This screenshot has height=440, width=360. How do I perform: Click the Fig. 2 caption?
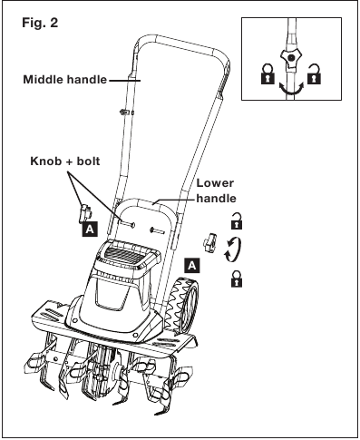pyautogui.click(x=40, y=23)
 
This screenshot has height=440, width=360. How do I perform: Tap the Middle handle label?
pyautogui.click(x=65, y=80)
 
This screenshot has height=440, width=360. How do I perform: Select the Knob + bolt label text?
pyautogui.click(x=65, y=161)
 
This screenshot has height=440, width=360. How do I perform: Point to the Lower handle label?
pyautogui.click(x=216, y=191)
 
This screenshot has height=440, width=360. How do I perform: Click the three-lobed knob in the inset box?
pyautogui.click(x=290, y=57)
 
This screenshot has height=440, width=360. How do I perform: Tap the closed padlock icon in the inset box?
pyautogui.click(x=268, y=73)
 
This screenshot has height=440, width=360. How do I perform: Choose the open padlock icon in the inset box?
pyautogui.click(x=314, y=73)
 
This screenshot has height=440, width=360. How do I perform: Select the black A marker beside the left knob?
pyautogui.click(x=90, y=230)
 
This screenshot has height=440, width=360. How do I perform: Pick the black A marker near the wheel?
pyautogui.click(x=192, y=266)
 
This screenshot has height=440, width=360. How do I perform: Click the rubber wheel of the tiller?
pyautogui.click(x=183, y=306)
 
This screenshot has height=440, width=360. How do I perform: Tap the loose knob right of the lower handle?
pyautogui.click(x=210, y=241)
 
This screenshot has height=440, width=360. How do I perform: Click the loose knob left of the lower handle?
pyautogui.click(x=84, y=213)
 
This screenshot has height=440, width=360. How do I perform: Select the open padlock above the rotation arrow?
pyautogui.click(x=237, y=220)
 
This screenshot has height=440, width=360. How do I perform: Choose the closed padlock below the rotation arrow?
pyautogui.click(x=237, y=279)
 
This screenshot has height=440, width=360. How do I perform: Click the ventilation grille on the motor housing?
pyautogui.click(x=126, y=253)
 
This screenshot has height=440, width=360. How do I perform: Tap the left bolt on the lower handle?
pyautogui.click(x=128, y=224)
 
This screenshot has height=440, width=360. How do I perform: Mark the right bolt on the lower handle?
pyautogui.click(x=157, y=231)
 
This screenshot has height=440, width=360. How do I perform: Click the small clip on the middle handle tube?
pyautogui.click(x=126, y=112)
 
